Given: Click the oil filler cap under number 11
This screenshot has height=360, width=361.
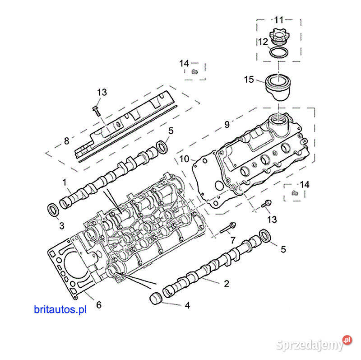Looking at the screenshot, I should tap(279, 36).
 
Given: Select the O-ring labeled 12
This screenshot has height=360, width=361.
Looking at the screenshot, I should tap(279, 52).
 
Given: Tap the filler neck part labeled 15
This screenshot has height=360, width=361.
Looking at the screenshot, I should tap(279, 88).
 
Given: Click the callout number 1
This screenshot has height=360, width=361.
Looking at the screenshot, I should tap(64, 182).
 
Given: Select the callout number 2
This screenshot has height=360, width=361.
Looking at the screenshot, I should tap(226, 284).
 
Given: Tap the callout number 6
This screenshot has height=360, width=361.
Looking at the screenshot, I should tap(98, 305).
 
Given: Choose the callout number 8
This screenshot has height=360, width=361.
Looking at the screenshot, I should tap(66, 140).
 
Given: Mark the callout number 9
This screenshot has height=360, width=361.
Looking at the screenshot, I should tap(227, 123).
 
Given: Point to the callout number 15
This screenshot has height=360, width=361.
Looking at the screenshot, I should tap(249, 80).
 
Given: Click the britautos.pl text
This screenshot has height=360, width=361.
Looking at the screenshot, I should tap(60, 309).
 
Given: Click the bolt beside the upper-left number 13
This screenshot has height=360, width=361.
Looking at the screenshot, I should tap(96, 110).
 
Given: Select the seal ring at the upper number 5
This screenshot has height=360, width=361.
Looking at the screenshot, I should tap(160, 146).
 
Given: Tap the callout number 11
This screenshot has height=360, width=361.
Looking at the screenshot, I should tap(278, 20).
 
